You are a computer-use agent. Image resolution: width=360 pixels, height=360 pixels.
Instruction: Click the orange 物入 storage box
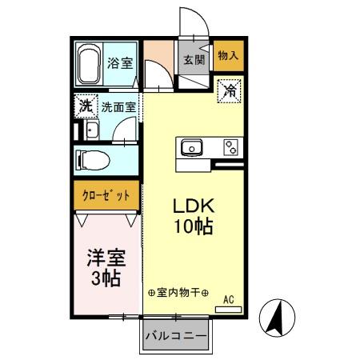(229, 55)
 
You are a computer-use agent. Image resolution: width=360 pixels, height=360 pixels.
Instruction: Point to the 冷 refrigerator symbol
(230, 90)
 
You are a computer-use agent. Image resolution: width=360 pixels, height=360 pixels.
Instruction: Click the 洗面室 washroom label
(117, 105)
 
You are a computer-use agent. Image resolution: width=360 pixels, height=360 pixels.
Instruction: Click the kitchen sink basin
(193, 148)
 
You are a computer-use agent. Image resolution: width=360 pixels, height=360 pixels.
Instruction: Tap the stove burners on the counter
(230, 148)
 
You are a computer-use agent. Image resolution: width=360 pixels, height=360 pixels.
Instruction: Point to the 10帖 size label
(192, 226)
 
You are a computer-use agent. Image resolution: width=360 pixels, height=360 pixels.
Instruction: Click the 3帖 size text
(104, 279)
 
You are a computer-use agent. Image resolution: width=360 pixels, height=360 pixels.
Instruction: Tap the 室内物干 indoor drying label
(178, 294)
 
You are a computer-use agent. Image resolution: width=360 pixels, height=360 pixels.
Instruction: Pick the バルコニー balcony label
(176, 336)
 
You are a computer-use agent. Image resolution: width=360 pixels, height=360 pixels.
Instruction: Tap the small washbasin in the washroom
(90, 130)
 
